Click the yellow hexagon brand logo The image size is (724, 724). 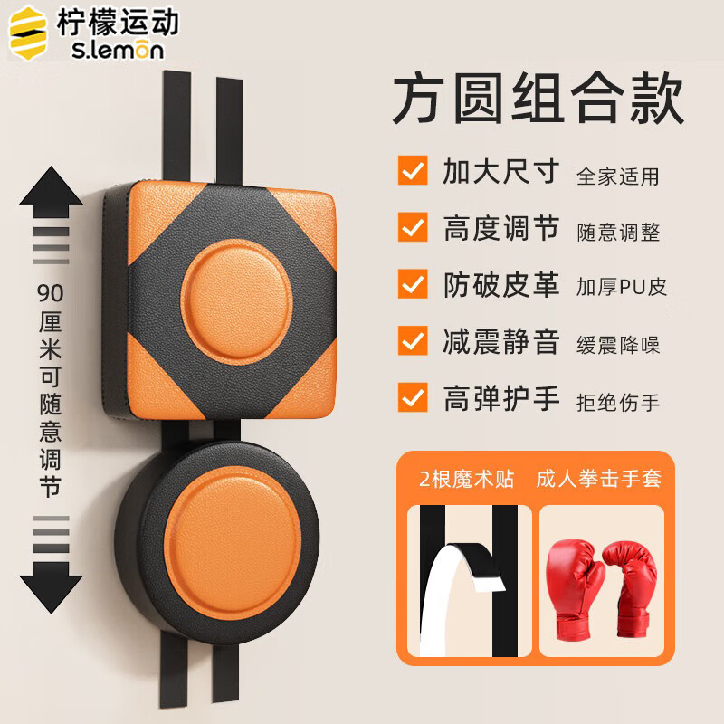[28, 33]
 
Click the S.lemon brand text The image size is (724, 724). [118, 50]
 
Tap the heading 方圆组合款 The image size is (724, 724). [538, 98]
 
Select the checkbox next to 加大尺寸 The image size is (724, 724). [413, 170]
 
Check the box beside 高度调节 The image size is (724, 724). [413, 227]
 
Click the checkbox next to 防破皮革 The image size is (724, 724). [413, 283]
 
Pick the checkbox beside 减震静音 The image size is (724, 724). [413, 341]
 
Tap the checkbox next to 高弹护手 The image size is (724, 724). [413, 397]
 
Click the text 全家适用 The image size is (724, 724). [618, 176]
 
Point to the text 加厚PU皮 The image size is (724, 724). [622, 287]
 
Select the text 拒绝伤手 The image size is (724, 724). [618, 402]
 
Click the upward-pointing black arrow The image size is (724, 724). [52, 192]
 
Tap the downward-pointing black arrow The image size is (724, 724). [52, 587]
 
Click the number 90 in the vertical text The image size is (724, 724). [51, 293]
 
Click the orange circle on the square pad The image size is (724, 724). [236, 301]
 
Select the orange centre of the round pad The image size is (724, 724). [233, 543]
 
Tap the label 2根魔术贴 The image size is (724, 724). [466, 479]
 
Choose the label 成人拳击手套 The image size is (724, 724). [599, 479]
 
